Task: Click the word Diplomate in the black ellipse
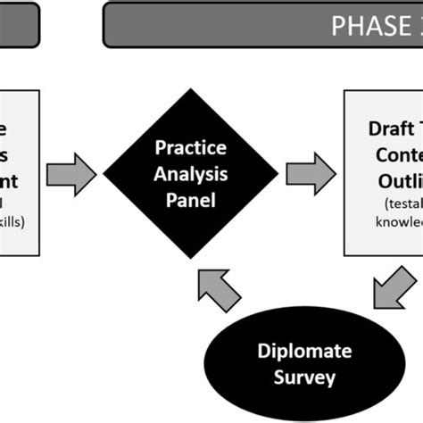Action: [294, 350]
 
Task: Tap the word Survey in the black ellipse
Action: [294, 377]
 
